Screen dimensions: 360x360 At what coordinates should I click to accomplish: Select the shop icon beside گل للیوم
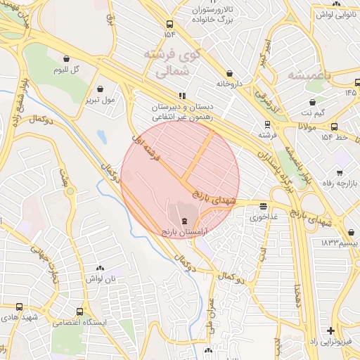click(66, 59)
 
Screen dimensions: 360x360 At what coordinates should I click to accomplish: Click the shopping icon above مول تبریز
click(101, 89)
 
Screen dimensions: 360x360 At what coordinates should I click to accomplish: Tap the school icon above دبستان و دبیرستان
click(182, 96)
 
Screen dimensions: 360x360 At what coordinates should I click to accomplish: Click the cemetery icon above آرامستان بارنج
click(184, 221)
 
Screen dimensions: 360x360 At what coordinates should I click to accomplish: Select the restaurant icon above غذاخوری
click(263, 207)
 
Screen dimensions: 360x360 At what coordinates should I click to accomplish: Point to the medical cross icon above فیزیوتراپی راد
click(331, 330)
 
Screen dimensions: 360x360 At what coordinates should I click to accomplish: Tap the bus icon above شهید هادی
click(19, 307)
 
